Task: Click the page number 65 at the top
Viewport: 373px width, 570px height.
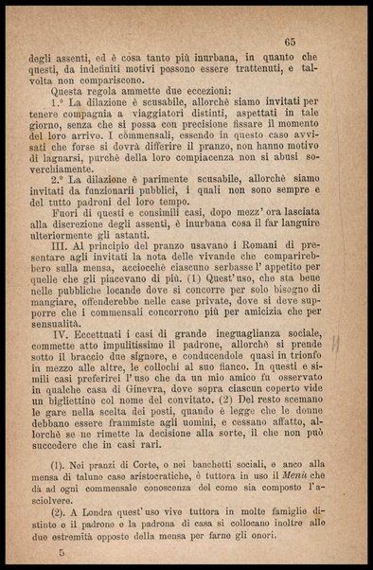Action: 290,41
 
